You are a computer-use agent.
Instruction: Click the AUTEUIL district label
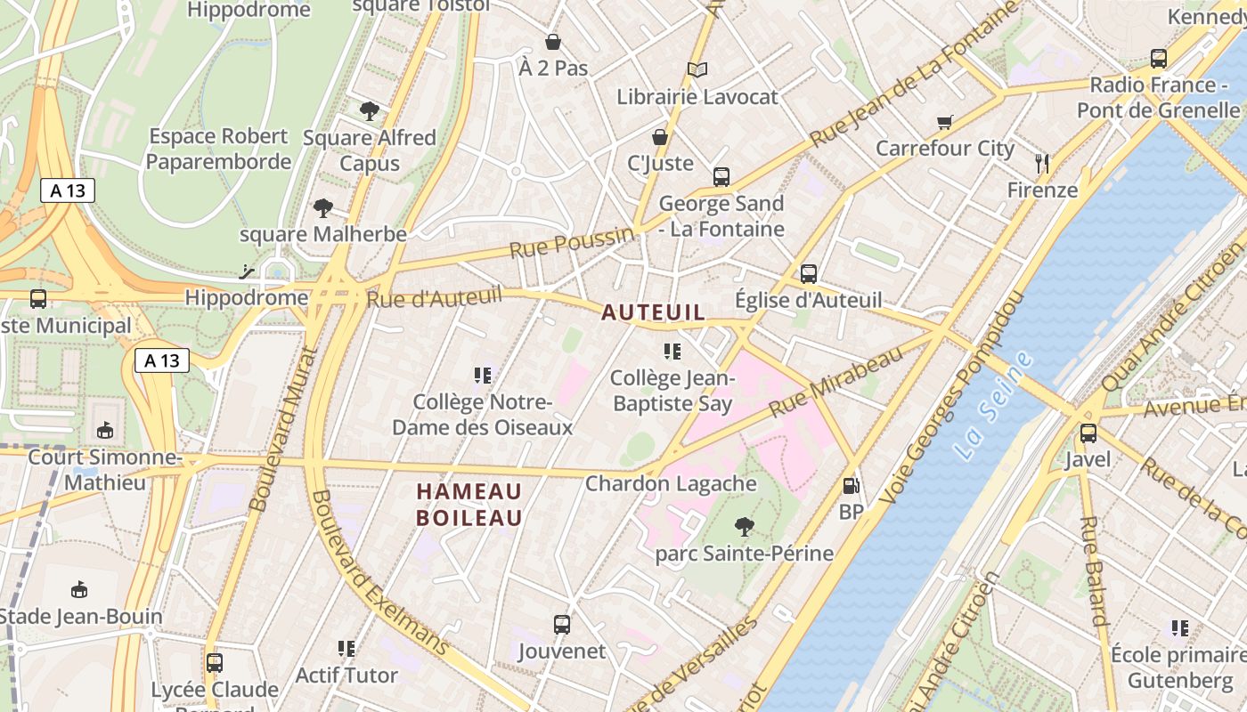point(653,312)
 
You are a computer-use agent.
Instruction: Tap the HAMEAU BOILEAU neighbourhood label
point(469,504)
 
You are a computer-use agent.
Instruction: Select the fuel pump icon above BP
point(852,486)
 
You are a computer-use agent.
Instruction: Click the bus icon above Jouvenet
point(561,625)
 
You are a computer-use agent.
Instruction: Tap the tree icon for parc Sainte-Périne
point(744,527)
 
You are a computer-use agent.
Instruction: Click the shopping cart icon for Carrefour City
point(944,122)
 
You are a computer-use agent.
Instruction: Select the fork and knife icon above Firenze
point(1042,163)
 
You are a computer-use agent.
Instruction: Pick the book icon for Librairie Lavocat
point(697,69)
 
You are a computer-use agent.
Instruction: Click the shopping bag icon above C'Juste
point(660,137)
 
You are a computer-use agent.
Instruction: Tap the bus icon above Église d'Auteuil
point(808,274)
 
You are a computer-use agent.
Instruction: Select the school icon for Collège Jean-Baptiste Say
point(672,352)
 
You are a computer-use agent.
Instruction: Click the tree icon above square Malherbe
point(322,208)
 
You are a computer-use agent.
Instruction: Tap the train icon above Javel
point(1088,433)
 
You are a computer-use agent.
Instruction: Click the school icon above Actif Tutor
point(346,649)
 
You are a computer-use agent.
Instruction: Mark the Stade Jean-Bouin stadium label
point(80,616)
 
